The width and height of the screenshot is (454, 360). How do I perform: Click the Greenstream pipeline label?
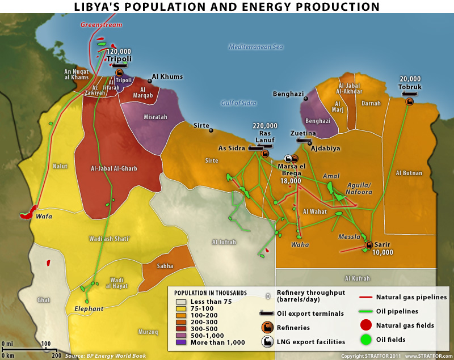tap(102, 25)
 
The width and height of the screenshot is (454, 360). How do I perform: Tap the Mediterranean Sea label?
tap(255, 47)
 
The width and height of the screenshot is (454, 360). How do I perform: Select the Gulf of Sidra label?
tap(239, 103)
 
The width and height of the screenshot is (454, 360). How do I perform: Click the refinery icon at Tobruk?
tap(409, 101)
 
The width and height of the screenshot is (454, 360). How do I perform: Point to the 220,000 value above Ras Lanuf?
tap(265, 126)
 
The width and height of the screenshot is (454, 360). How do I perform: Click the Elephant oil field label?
tap(89, 309)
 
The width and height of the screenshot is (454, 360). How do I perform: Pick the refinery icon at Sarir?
tap(367, 245)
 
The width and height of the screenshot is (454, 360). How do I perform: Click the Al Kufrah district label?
tap(358, 278)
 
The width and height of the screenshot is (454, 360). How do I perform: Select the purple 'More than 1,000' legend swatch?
tap(181, 342)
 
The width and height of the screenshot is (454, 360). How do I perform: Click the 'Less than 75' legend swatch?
tap(181, 302)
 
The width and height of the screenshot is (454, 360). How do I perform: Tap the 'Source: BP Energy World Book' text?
tap(105, 355)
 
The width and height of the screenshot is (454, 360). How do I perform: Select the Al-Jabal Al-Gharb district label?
tap(114, 168)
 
